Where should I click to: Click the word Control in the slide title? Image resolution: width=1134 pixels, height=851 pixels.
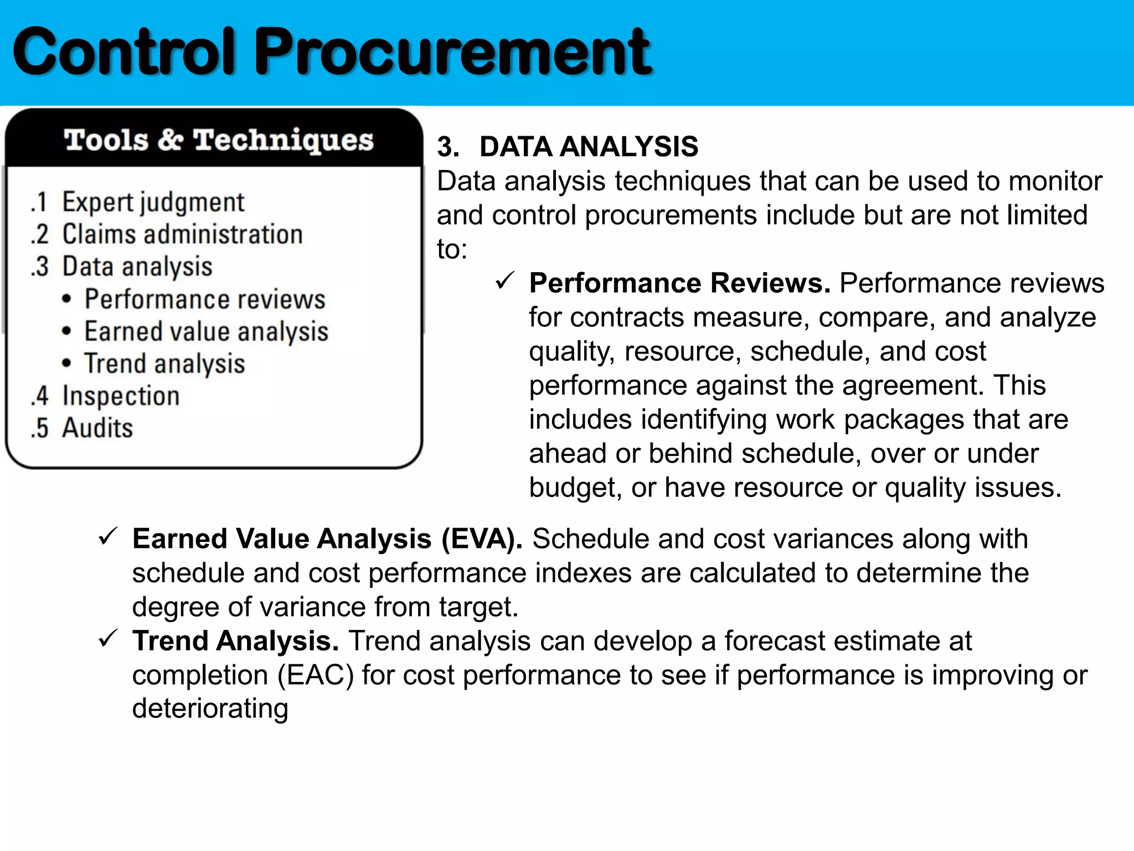click(124, 53)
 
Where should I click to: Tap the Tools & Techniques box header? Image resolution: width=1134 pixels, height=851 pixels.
click(218, 140)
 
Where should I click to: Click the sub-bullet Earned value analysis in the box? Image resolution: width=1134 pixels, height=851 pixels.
click(206, 332)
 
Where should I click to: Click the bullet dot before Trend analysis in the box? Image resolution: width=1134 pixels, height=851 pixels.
click(67, 363)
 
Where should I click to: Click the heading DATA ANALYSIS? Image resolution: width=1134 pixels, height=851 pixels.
click(589, 147)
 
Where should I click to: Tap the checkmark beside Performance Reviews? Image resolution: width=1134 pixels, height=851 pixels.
click(505, 281)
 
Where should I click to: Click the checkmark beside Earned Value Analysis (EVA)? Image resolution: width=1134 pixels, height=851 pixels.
click(107, 536)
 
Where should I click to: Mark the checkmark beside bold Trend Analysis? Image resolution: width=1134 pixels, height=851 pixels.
click(107, 639)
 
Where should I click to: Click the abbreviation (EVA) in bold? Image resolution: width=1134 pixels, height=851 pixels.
click(482, 539)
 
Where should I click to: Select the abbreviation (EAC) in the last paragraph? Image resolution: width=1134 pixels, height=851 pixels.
click(315, 675)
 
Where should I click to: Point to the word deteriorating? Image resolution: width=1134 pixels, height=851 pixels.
click(210, 709)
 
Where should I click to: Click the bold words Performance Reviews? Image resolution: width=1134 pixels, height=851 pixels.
click(679, 284)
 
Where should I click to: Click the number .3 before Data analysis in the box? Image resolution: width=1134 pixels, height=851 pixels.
click(40, 267)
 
